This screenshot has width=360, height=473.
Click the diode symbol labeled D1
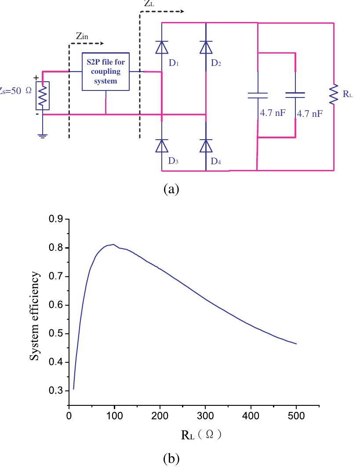point(162,47)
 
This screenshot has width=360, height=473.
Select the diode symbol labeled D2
point(206,47)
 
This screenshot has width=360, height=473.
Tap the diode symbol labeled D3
point(162,145)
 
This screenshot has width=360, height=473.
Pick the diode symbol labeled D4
point(206,145)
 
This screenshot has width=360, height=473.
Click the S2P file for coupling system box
point(106,72)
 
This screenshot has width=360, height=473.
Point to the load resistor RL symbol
point(334,94)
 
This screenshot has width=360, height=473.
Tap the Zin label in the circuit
point(82,37)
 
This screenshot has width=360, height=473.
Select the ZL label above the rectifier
point(149,4)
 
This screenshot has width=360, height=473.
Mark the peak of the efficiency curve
point(113,245)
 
